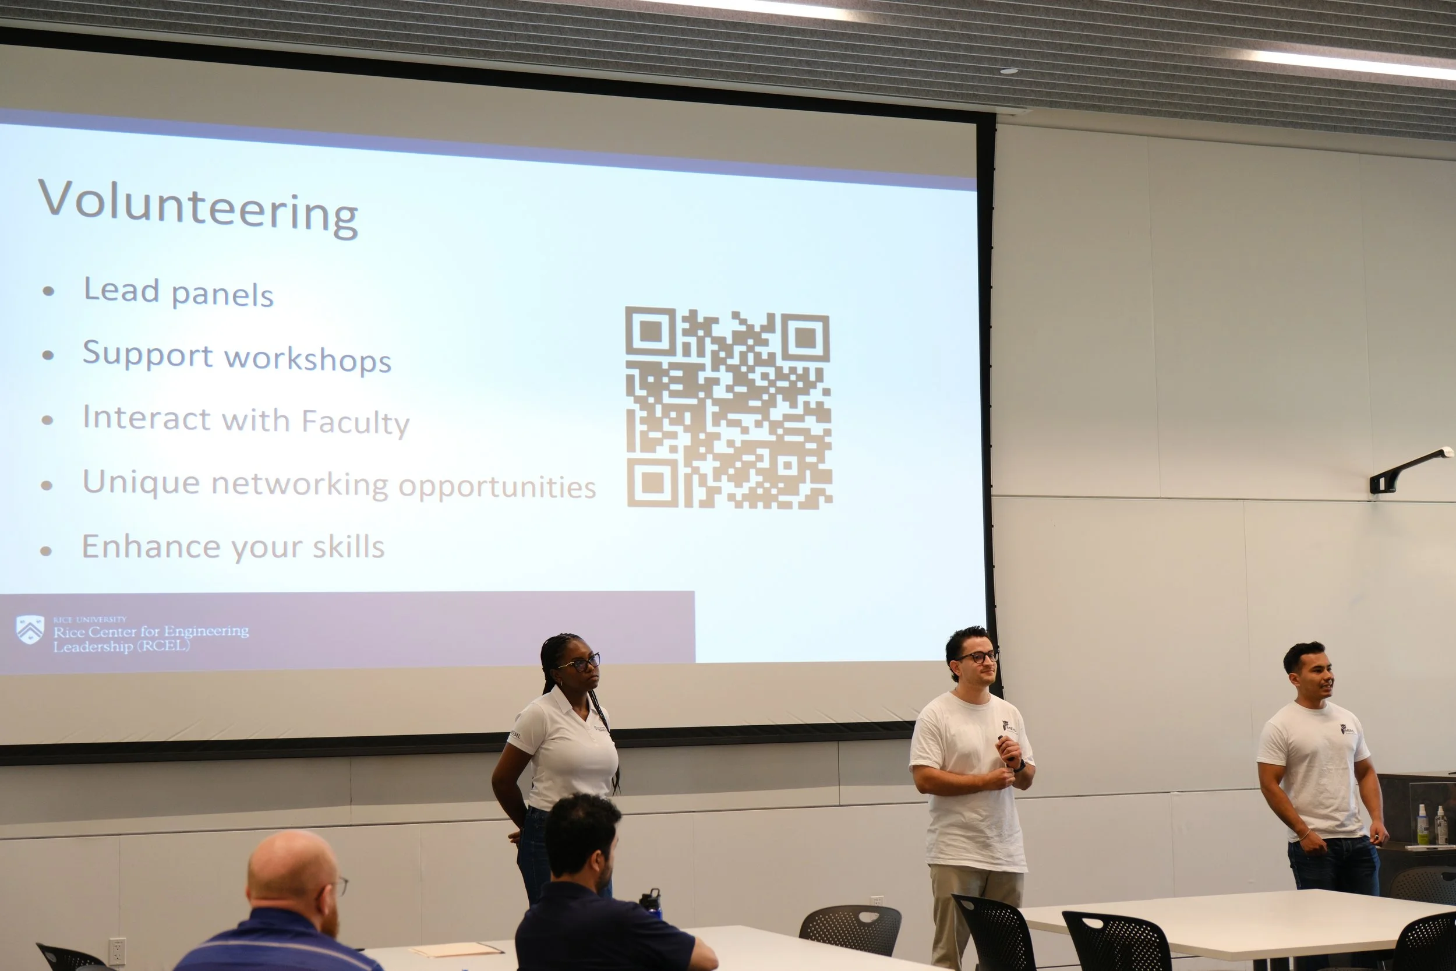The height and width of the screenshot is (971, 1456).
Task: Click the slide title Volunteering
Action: coord(198,207)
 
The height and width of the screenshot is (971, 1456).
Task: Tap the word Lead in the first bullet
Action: coord(122,290)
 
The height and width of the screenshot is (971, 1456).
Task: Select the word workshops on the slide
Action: coord(308,359)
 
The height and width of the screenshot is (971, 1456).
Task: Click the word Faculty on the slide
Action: coord(355,422)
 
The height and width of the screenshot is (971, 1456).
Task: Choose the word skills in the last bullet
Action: coord(348,547)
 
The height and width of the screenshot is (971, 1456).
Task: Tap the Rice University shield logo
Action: coord(30,629)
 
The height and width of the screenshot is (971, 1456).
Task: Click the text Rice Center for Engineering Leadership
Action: coord(150,638)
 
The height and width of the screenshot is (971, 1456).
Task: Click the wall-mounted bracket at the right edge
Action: coord(1409,469)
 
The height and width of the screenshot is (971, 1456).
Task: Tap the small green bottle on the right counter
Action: coord(1423,824)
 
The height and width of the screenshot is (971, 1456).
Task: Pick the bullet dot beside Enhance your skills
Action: coord(46,550)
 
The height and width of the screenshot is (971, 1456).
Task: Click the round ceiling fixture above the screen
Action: coord(1009,71)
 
